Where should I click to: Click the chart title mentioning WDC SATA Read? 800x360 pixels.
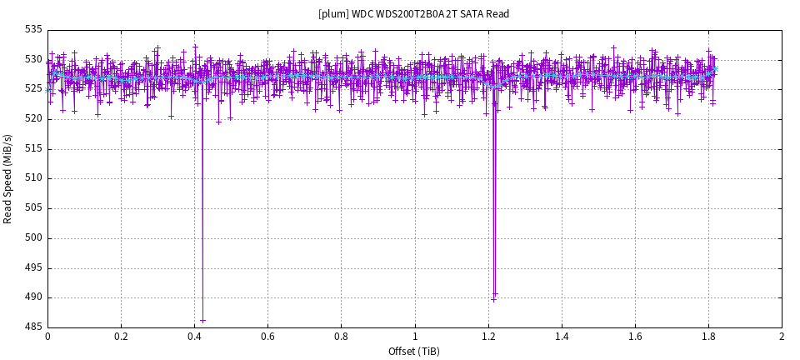(x=413, y=14)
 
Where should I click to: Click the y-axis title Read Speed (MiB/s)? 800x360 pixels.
(x=8, y=178)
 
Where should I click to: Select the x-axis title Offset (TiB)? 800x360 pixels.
(x=413, y=352)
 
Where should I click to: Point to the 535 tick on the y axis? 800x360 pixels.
(x=32, y=29)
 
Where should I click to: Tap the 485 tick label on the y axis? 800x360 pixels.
(x=32, y=327)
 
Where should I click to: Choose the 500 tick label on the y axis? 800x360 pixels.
(x=32, y=237)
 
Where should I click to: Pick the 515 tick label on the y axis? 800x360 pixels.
(x=32, y=148)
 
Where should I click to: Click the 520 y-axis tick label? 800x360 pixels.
(x=32, y=118)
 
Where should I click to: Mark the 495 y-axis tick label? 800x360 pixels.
(x=32, y=267)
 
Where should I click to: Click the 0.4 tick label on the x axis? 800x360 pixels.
(x=194, y=337)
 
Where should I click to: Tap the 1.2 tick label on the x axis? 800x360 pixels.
(x=487, y=337)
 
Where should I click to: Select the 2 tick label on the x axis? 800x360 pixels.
(x=782, y=337)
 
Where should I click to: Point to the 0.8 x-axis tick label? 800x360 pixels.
(x=341, y=337)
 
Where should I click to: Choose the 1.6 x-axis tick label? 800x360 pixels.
(x=634, y=337)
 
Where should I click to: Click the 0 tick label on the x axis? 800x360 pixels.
(x=47, y=337)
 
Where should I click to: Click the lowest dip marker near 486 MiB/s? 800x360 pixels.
(x=202, y=321)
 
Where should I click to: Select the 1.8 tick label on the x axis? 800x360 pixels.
(x=708, y=337)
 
